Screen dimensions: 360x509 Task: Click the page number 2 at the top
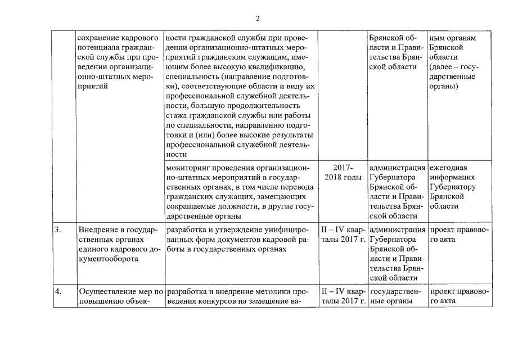pyautogui.click(x=257, y=18)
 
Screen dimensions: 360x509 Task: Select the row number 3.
pyautogui.click(x=57, y=229)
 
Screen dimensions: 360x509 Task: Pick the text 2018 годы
pyautogui.click(x=343, y=178)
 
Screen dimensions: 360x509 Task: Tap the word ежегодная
pyautogui.click(x=448, y=168)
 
